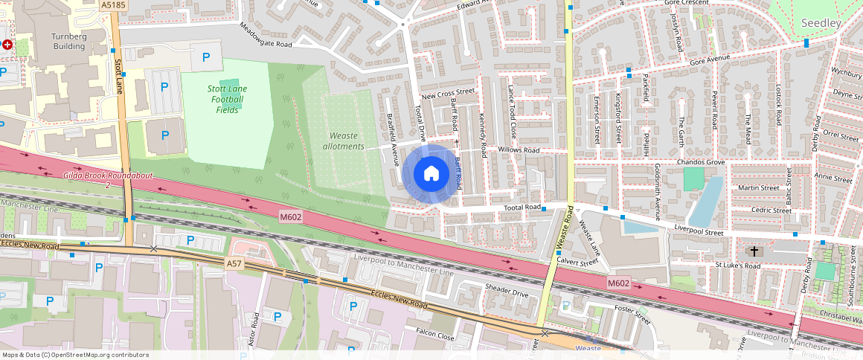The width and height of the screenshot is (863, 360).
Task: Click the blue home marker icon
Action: click(430, 174)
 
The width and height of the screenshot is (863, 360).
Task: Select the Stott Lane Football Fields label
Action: click(227, 99)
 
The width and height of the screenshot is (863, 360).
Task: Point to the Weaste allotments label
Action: click(344, 141)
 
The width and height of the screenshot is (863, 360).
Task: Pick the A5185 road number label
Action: click(114, 4)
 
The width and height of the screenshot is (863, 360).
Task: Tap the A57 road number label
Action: click(235, 263)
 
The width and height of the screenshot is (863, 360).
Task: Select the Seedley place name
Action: click(821, 23)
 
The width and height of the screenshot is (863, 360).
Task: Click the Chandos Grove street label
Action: click(700, 161)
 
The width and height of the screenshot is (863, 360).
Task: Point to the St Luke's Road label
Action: click(737, 265)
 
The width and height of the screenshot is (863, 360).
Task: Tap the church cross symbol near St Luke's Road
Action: click(754, 251)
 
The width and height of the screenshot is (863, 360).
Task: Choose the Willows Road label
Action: click(519, 150)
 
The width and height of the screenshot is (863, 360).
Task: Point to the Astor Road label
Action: click(254, 327)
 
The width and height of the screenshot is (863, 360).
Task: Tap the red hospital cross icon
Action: click(7, 45)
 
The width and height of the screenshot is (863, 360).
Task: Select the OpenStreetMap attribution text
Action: click(75, 355)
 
